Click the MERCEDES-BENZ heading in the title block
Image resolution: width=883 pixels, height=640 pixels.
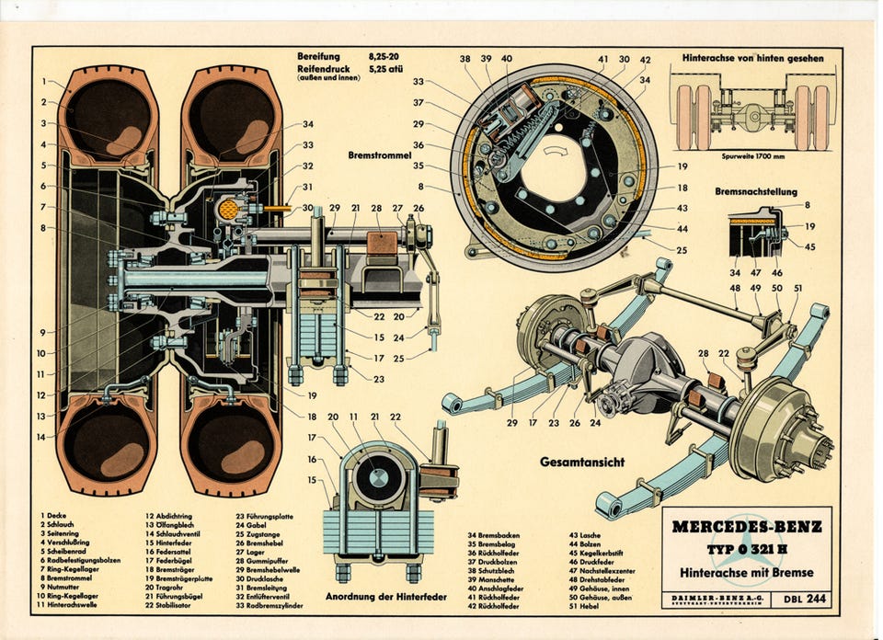tap(746, 528)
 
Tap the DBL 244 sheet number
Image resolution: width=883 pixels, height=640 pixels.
tap(803, 600)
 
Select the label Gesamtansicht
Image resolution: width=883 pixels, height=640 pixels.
tap(581, 462)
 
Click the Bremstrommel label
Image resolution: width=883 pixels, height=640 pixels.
tap(376, 155)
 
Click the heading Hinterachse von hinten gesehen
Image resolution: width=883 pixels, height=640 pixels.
tap(752, 58)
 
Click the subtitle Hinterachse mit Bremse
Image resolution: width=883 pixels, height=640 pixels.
tap(746, 572)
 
